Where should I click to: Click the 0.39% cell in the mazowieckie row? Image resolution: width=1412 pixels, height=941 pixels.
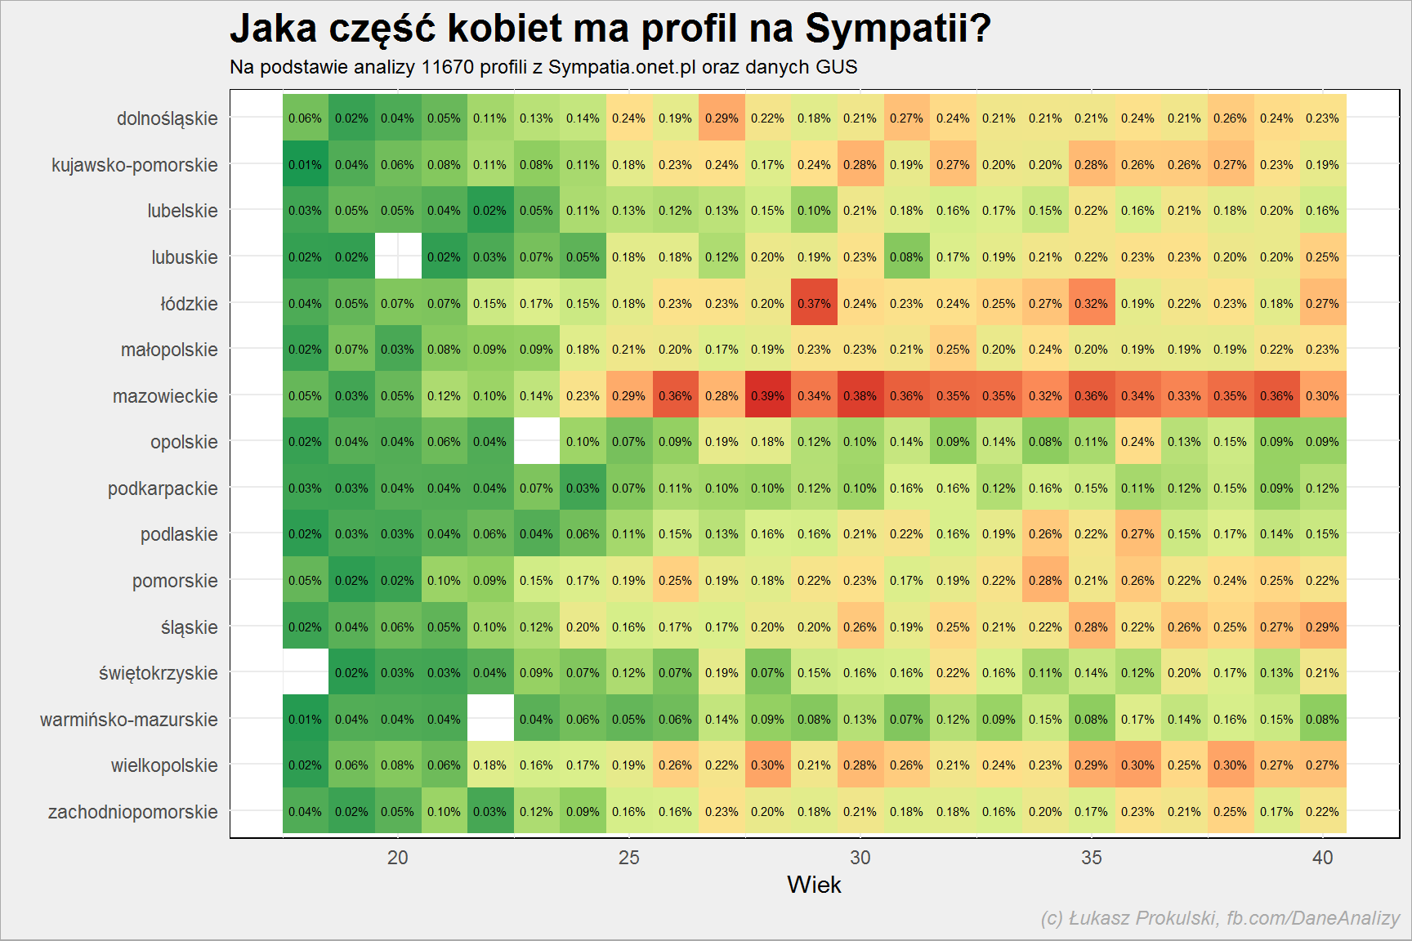pyautogui.click(x=768, y=395)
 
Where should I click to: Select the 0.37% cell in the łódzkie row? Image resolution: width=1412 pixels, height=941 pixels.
pyautogui.click(x=815, y=303)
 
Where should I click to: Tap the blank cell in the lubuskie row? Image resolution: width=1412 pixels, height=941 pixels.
pyautogui.click(x=398, y=256)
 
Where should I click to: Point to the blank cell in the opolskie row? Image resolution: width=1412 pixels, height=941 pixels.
pyautogui.click(x=537, y=441)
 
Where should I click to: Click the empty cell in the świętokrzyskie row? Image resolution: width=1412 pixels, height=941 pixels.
pyautogui.click(x=306, y=672)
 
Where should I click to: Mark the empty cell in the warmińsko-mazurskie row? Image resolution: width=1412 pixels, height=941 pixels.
pyautogui.click(x=490, y=719)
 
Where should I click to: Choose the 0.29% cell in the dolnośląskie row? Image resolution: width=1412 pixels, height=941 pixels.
pyautogui.click(x=722, y=118)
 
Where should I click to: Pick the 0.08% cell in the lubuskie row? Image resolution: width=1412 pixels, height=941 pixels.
pyautogui.click(x=907, y=256)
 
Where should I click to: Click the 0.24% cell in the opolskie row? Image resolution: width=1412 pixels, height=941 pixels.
pyautogui.click(x=1137, y=441)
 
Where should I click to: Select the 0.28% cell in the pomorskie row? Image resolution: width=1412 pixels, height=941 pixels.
pyautogui.click(x=1045, y=580)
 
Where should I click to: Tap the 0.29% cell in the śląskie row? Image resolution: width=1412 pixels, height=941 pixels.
pyautogui.click(x=1322, y=627)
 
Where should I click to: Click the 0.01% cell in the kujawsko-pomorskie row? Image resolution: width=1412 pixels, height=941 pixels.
pyautogui.click(x=306, y=164)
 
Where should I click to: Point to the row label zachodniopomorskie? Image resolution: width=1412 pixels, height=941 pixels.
pyautogui.click(x=133, y=812)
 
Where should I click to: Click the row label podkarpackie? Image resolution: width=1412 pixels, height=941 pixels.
pyautogui.click(x=163, y=488)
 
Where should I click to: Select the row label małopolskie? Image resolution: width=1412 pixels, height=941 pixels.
pyautogui.click(x=169, y=350)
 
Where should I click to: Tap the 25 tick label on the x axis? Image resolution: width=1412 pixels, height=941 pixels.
pyautogui.click(x=629, y=858)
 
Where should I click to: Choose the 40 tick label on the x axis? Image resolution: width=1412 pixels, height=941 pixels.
pyautogui.click(x=1323, y=858)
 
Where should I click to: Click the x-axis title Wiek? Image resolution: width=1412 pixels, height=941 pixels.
pyautogui.click(x=814, y=885)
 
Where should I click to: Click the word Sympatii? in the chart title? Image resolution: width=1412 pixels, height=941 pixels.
pyautogui.click(x=898, y=29)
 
